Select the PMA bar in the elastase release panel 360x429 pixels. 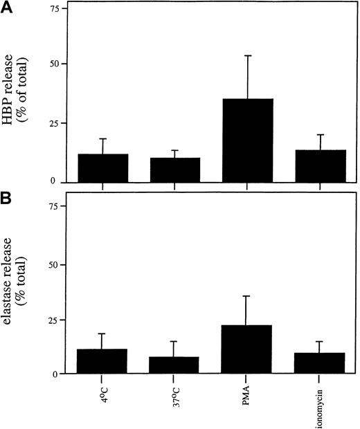pos(247,349)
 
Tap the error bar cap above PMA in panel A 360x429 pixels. pos(247,55)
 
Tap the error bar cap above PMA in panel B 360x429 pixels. pos(247,296)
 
